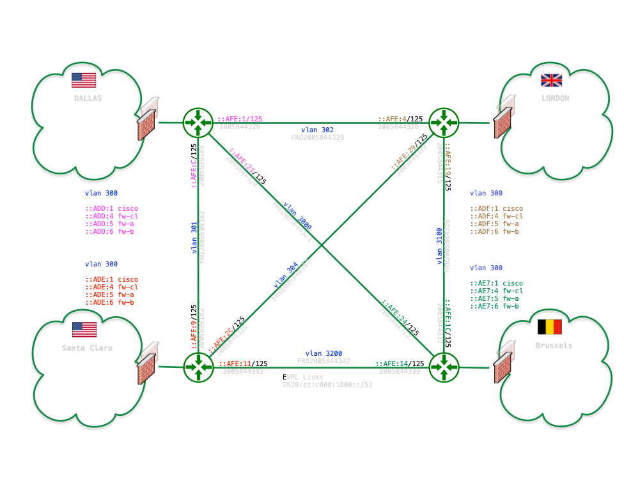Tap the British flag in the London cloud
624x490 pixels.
click(x=551, y=80)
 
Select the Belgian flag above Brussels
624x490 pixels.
click(x=549, y=327)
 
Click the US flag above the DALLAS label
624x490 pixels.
click(x=84, y=80)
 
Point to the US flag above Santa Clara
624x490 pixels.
click(x=84, y=330)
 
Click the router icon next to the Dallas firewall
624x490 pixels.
click(x=198, y=121)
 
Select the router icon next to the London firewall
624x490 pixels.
click(x=443, y=121)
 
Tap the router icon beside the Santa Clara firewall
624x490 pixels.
click(x=198, y=367)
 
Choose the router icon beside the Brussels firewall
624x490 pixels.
click(x=443, y=367)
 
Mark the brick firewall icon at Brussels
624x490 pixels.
click(x=504, y=361)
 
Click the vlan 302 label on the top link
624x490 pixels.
click(x=317, y=130)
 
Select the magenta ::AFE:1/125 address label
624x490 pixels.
click(x=240, y=119)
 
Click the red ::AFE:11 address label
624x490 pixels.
click(x=237, y=364)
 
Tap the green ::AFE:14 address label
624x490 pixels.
click(x=392, y=364)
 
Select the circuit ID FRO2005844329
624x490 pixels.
click(x=318, y=137)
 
